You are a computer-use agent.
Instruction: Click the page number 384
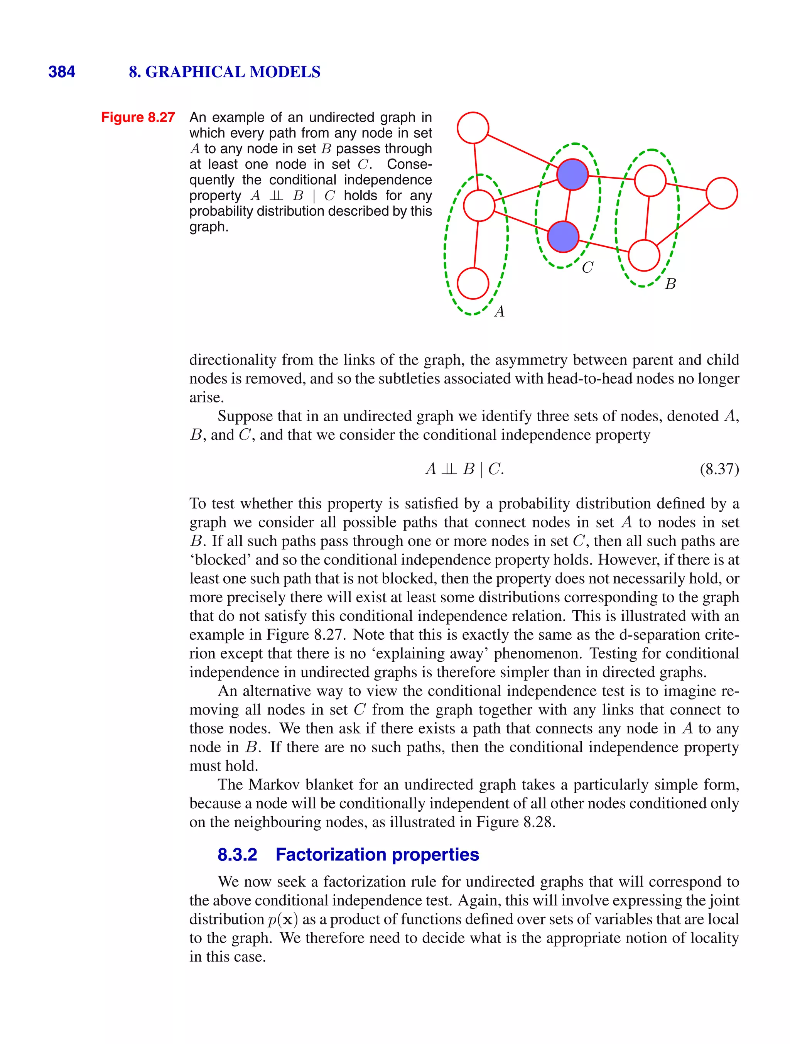point(61,72)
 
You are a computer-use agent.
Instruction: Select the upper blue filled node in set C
point(572,174)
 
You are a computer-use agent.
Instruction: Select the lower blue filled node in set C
point(563,237)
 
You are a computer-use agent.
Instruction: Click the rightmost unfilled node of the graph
point(722,193)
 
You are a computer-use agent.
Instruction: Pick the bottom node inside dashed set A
point(473,283)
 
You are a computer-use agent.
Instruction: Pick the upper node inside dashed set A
point(479,205)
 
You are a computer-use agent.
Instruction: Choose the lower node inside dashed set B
point(644,255)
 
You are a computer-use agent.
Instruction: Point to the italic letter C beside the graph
point(587,268)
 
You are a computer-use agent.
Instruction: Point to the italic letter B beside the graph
point(670,284)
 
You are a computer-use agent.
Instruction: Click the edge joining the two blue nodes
point(568,205)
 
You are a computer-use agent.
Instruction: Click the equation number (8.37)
point(719,469)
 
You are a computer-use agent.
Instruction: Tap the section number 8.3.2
point(237,855)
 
